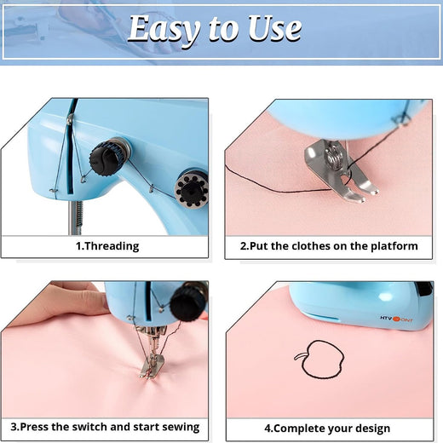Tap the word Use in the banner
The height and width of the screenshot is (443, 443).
tap(274, 28)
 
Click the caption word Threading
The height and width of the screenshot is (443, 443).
tap(112, 246)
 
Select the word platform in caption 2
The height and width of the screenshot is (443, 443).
tap(394, 246)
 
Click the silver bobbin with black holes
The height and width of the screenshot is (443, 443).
tap(191, 189)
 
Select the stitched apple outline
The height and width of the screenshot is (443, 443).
tap(322, 360)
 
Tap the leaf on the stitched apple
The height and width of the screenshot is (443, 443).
tap(299, 357)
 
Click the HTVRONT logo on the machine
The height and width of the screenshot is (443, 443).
tap(396, 319)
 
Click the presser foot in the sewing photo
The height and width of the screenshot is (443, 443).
tap(152, 366)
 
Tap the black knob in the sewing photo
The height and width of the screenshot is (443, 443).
tap(189, 302)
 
